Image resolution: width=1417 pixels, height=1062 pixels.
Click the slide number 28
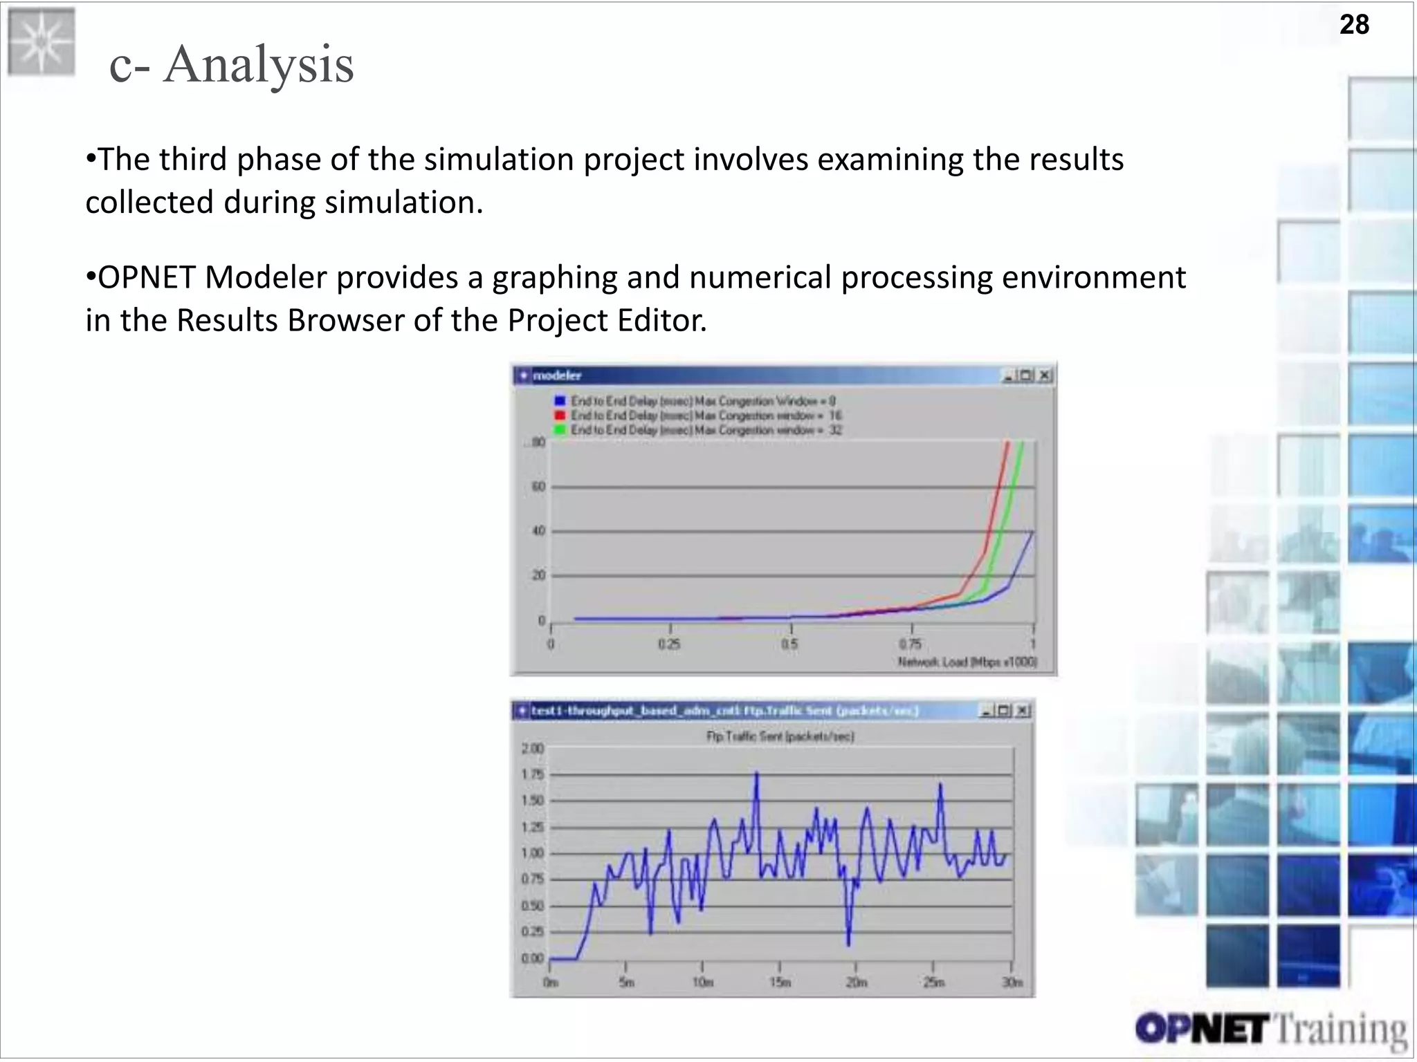coord(1354,25)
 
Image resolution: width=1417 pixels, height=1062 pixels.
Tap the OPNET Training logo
coord(1270,1029)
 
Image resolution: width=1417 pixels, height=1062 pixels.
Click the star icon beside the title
coord(41,41)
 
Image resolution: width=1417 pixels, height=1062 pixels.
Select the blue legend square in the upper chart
coord(560,401)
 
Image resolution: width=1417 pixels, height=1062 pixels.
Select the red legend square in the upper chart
coord(560,416)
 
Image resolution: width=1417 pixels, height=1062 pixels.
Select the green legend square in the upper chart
coord(560,430)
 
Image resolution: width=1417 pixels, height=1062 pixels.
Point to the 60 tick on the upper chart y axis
coord(538,487)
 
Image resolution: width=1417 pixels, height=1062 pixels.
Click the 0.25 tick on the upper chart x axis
coord(669,644)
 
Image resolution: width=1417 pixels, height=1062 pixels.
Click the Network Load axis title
coord(967,662)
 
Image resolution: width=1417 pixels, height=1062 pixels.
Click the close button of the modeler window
coord(1045,375)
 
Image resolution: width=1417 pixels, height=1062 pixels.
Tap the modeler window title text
coord(557,375)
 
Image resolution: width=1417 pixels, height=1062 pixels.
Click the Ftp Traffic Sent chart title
coord(780,736)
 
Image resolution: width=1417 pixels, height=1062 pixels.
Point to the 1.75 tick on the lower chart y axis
coord(532,774)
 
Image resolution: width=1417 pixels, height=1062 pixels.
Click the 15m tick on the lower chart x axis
coord(780,982)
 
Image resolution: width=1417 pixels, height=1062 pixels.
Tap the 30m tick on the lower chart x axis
coord(1012,982)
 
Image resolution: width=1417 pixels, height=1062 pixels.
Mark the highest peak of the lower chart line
coord(756,773)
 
